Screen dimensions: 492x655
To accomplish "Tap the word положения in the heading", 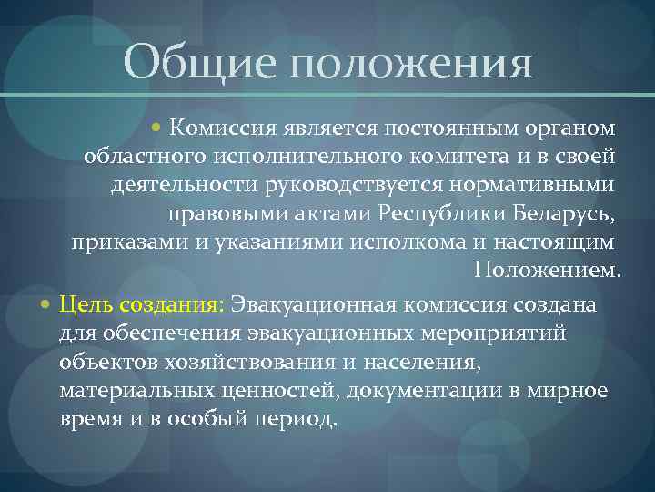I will pos(405,66).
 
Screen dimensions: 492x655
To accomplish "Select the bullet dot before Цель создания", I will pos(46,302).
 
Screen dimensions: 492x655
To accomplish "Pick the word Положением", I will pos(547,272).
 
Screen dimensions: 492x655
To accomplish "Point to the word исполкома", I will pos(406,243).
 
